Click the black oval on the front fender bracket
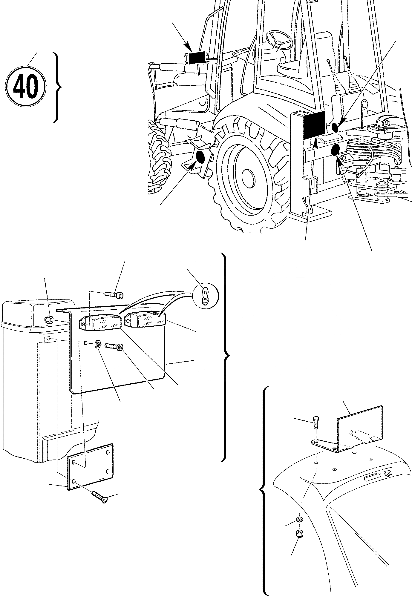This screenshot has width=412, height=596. tap(200, 157)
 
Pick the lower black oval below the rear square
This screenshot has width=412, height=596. tap(336, 150)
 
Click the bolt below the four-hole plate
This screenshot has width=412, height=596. tap(100, 497)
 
